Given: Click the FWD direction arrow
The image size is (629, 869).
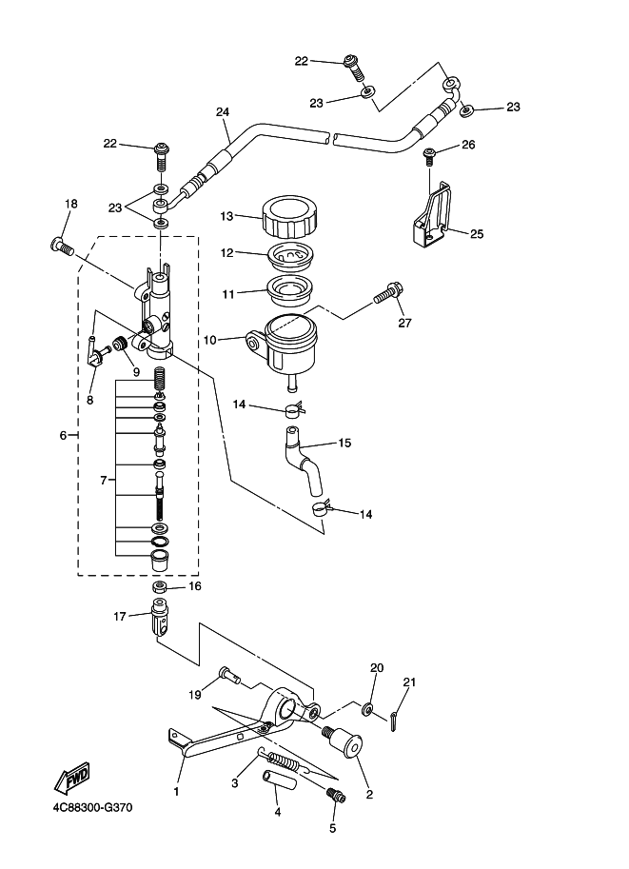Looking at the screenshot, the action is click(x=71, y=779).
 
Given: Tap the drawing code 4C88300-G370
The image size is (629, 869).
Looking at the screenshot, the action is click(x=93, y=807).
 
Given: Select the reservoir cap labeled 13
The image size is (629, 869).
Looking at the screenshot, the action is click(x=290, y=216).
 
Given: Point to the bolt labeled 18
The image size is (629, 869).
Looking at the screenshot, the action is click(x=62, y=246).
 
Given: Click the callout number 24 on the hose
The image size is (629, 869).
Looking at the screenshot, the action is click(x=223, y=112).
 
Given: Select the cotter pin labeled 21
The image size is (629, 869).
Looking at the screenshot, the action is click(x=393, y=721).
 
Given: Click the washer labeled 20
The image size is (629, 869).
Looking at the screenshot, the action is click(x=367, y=709).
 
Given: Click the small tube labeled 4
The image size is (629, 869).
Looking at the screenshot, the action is click(x=280, y=780).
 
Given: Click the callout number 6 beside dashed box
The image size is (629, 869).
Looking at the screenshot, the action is click(x=63, y=436).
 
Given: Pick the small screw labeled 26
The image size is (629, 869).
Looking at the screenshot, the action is click(x=428, y=156).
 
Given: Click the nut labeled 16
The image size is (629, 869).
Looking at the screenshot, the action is click(x=161, y=585).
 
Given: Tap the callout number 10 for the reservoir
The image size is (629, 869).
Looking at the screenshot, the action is click(x=210, y=340).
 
